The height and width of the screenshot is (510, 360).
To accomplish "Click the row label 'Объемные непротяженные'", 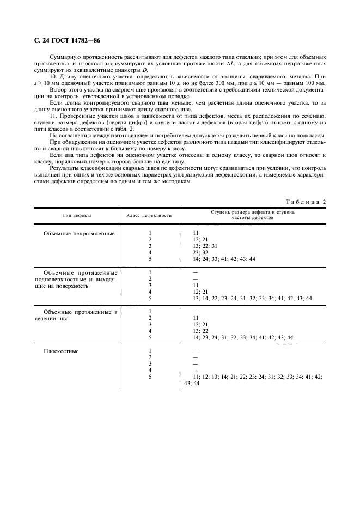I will (79, 233).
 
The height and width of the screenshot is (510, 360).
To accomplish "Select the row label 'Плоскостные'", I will (61, 351).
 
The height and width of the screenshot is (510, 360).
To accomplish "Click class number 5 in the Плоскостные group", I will (150, 377).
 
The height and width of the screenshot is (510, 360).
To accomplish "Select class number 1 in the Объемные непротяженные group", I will (150, 233).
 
